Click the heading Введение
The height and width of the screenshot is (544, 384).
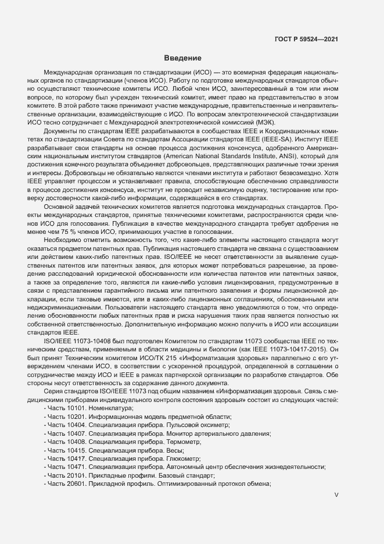point(182,58)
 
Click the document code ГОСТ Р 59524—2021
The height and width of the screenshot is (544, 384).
point(306,39)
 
